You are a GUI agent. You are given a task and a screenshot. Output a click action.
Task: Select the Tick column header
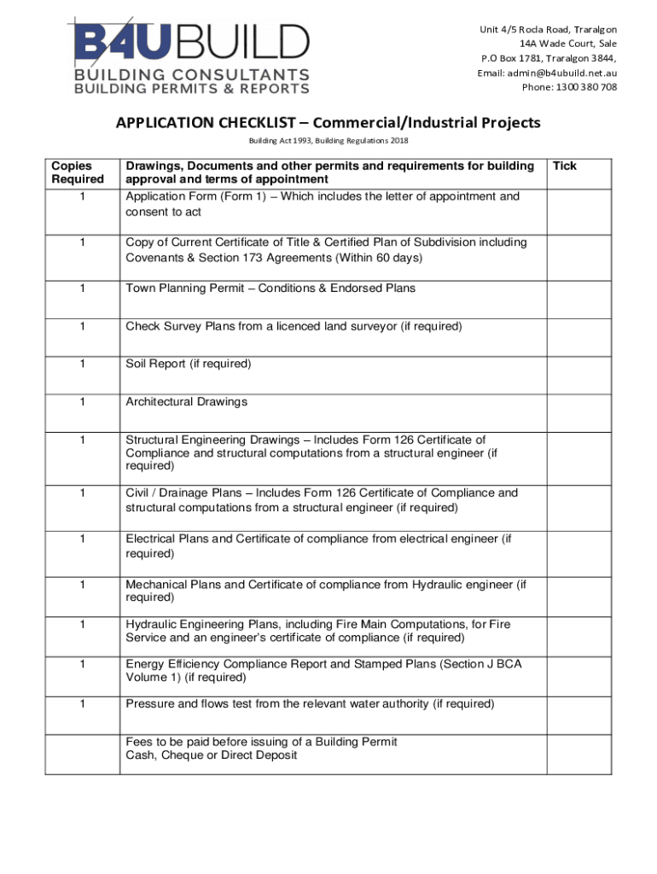click(565, 166)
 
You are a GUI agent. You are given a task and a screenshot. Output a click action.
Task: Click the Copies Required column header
click(77, 172)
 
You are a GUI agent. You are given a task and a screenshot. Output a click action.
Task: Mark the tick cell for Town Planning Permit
click(578, 296)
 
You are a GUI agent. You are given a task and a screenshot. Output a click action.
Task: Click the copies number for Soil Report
click(82, 364)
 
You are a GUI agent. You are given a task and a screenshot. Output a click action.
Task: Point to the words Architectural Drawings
click(186, 402)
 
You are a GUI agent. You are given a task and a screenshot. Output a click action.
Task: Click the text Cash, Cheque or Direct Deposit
click(212, 756)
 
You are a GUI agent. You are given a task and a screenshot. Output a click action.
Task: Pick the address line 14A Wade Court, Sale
click(568, 44)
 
